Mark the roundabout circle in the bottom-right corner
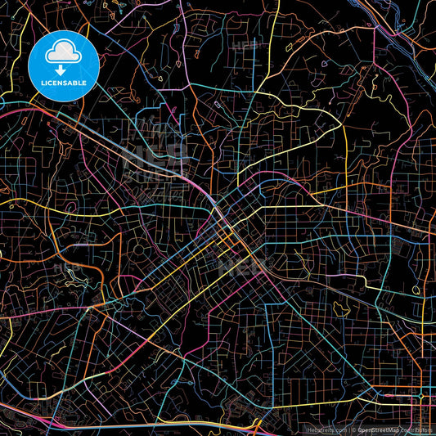click(420, 396)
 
